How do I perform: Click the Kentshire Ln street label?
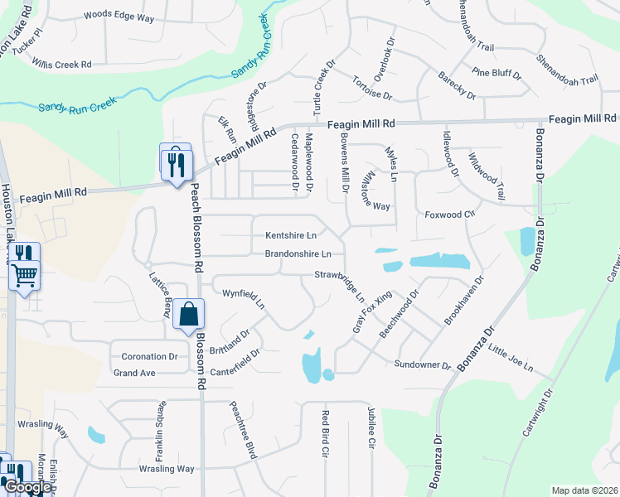coord(290,235)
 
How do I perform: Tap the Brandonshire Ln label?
coord(298,253)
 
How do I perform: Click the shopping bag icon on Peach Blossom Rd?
coord(189,314)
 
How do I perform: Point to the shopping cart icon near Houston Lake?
coord(25,274)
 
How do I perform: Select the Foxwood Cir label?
coord(448,215)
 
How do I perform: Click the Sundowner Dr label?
coord(422,364)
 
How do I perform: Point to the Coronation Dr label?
coord(150,356)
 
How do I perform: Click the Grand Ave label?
coord(134,374)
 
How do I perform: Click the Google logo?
coord(27,486)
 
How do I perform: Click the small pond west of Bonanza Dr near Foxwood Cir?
coord(527,240)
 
